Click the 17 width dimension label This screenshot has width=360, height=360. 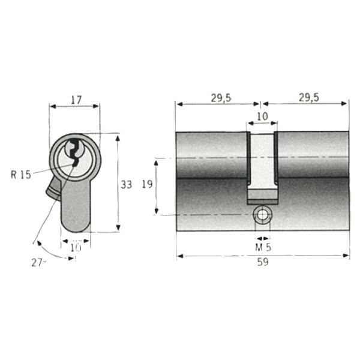(76, 100)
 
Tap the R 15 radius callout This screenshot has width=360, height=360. (21, 175)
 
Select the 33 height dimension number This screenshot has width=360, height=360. (126, 185)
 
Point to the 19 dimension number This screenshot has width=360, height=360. (147, 184)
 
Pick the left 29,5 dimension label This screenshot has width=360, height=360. (221, 98)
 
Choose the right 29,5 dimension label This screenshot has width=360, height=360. (309, 98)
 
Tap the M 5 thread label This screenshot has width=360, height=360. (263, 247)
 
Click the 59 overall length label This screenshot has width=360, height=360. (263, 262)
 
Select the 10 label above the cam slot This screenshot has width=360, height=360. (263, 116)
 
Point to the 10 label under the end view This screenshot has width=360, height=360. (76, 247)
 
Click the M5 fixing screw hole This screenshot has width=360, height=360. (262, 215)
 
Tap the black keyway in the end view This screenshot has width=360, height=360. (74, 152)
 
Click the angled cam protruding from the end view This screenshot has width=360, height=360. (53, 189)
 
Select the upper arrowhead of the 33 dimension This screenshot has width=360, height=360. (118, 138)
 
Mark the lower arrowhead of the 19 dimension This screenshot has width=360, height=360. (157, 211)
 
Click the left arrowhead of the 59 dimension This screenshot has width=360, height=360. (180, 256)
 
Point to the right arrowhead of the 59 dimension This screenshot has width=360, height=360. (346, 256)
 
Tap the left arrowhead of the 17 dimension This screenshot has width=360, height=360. (53, 106)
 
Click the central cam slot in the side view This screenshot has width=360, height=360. (262, 168)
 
